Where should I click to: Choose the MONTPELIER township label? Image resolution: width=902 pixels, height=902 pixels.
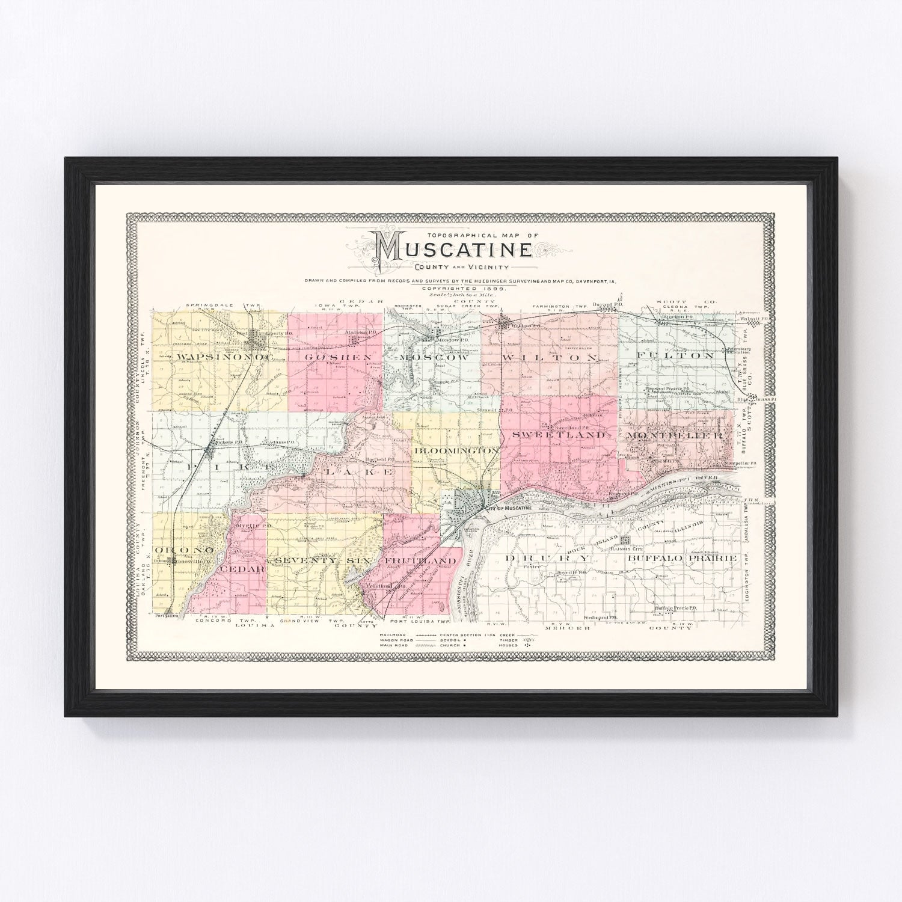pyautogui.click(x=675, y=435)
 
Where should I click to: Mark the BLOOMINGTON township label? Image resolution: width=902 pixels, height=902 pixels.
pyautogui.click(x=456, y=450)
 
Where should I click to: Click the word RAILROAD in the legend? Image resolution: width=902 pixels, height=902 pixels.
pyautogui.click(x=391, y=634)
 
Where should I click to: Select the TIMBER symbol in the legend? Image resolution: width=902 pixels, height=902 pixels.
pyautogui.click(x=530, y=640)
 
